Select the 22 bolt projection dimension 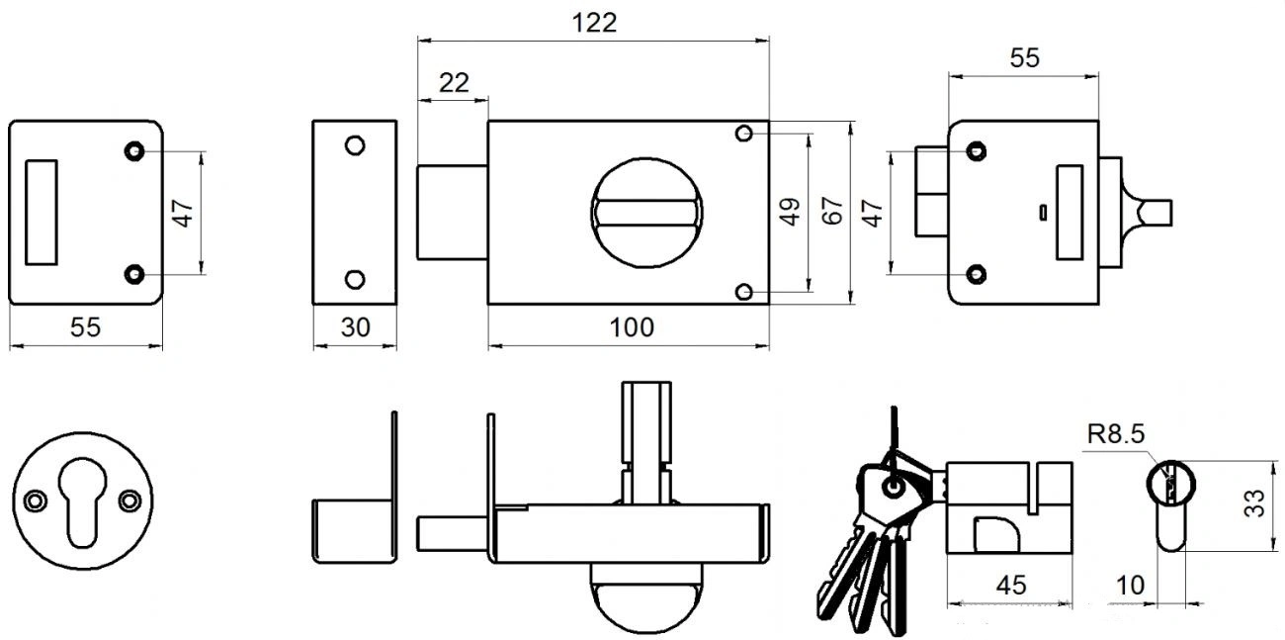(x=453, y=83)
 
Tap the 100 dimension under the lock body (x=633, y=327)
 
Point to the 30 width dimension (x=354, y=327)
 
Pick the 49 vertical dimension (x=790, y=212)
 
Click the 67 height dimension (x=832, y=212)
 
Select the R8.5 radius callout (x=1109, y=433)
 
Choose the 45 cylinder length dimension (x=1009, y=585)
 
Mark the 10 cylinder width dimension (x=1130, y=585)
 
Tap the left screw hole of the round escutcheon (x=36, y=501)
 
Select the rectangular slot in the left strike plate (x=41, y=211)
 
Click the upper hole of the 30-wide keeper (x=354, y=145)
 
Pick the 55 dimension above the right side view (x=1024, y=58)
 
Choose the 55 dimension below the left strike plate (x=85, y=327)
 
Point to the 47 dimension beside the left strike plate (x=183, y=212)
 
